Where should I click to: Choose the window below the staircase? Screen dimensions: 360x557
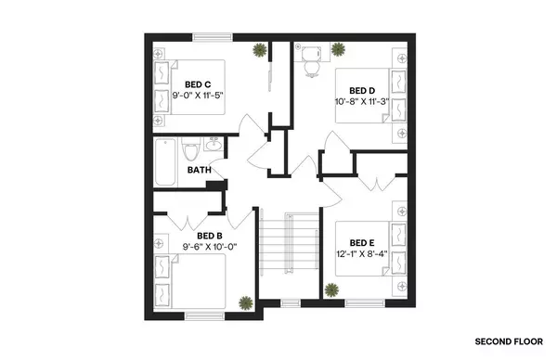291,303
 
